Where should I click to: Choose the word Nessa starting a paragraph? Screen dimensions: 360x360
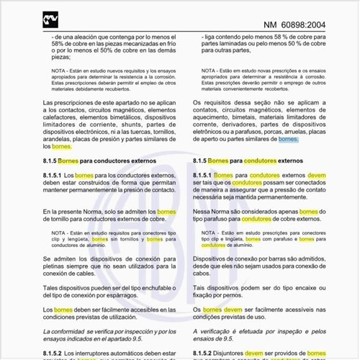point(205,212)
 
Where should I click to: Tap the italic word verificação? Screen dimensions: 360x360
point(220,330)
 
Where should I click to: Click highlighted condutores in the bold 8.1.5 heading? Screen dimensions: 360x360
point(260,161)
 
